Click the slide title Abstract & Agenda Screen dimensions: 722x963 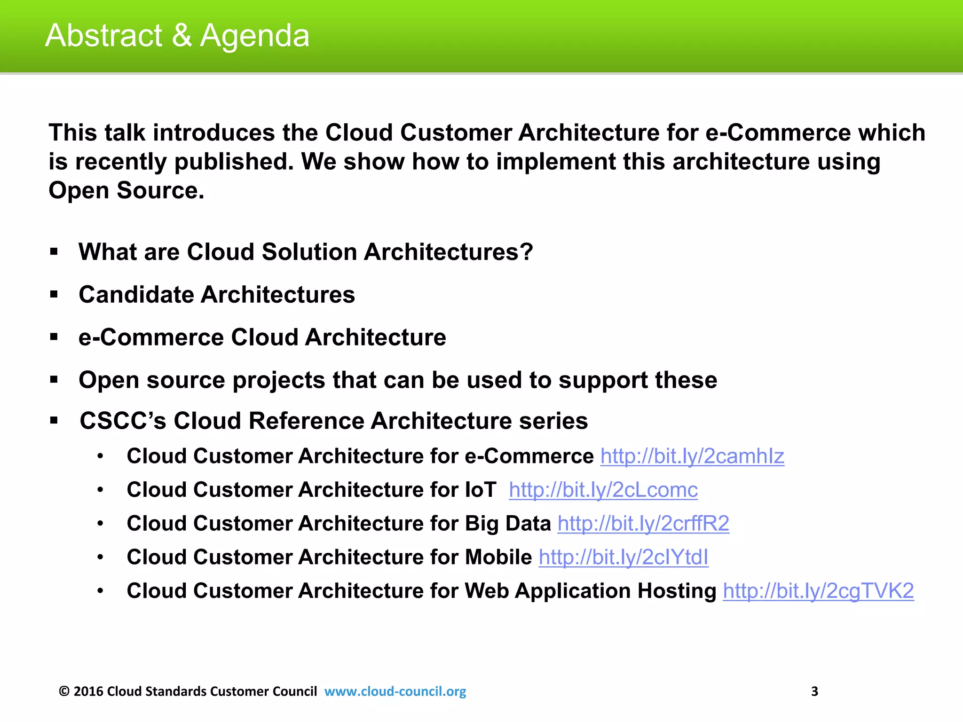(177, 36)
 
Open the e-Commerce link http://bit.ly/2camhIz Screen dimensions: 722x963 (692, 456)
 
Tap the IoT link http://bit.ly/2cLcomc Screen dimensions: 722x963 (603, 490)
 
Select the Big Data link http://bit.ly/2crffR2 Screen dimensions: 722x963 (643, 524)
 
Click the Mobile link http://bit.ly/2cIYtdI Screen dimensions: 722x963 (624, 557)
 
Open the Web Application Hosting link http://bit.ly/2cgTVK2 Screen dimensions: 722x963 (818, 591)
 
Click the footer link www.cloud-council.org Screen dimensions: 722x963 (395, 691)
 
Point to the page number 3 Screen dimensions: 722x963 (815, 691)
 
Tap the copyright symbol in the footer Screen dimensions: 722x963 (64, 691)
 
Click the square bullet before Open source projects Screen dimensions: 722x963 (54, 379)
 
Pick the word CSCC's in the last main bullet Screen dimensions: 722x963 (123, 421)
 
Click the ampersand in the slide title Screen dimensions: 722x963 (182, 36)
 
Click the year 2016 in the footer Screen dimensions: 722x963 (88, 691)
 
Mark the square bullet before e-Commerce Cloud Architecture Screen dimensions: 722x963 (54, 337)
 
